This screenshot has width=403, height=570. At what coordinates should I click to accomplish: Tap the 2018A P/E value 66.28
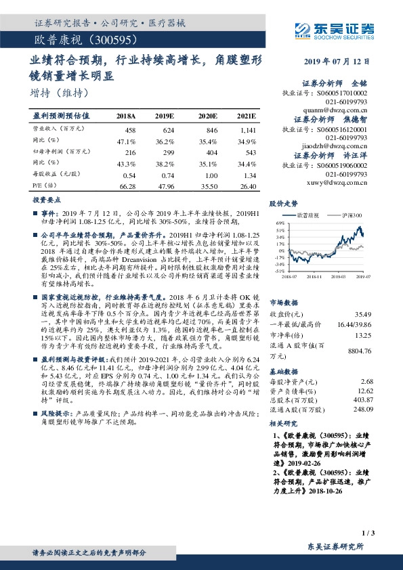[127, 185]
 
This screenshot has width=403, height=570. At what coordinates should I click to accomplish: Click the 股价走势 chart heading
[283, 202]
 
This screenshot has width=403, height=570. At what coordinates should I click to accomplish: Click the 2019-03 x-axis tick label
[339, 276]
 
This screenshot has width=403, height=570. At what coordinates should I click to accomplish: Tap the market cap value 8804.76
[358, 351]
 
